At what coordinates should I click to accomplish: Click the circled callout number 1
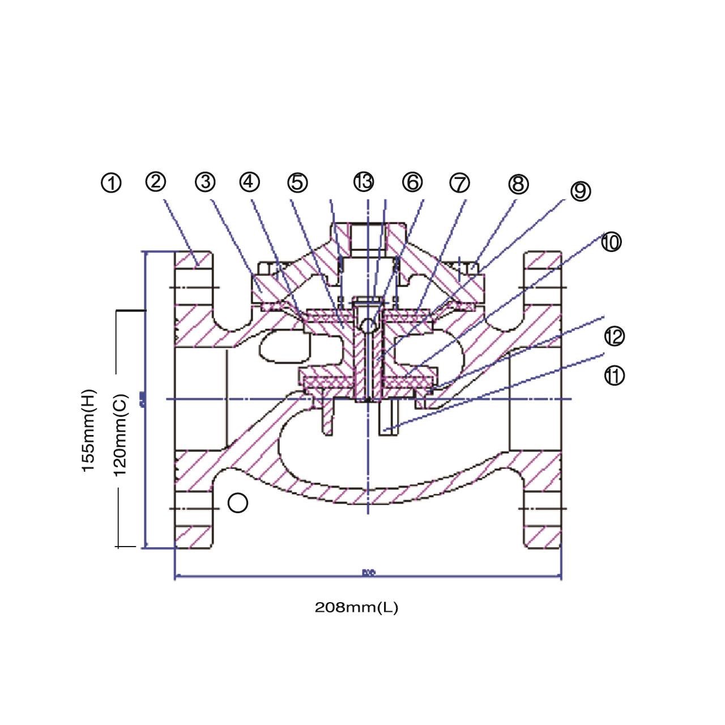(x=112, y=183)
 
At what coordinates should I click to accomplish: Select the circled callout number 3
(x=205, y=182)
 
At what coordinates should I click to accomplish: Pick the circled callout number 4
(x=249, y=182)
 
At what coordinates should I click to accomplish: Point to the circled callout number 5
(x=297, y=182)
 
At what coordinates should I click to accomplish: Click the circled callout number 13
(x=364, y=182)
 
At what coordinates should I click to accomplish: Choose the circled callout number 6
(x=412, y=182)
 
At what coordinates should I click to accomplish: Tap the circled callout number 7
(x=459, y=183)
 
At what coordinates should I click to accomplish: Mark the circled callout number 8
(x=518, y=184)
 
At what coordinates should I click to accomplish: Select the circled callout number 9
(x=580, y=191)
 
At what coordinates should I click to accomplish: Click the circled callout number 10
(x=611, y=242)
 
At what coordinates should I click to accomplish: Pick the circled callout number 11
(x=614, y=376)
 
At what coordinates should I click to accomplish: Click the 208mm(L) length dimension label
(x=356, y=608)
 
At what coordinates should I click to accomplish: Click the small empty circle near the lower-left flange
(x=238, y=502)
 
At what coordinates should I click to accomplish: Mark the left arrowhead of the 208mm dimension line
(x=177, y=577)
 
